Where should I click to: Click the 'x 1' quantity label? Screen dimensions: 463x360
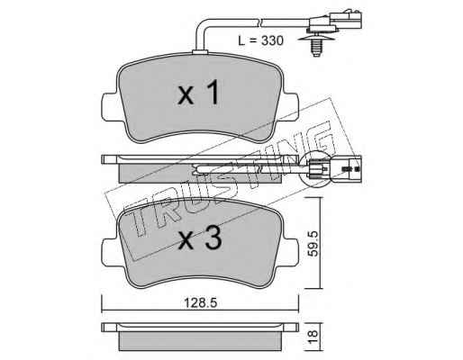(x=198, y=93)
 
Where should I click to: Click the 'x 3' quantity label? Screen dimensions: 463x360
(x=200, y=238)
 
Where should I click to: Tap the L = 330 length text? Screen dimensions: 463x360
(x=260, y=40)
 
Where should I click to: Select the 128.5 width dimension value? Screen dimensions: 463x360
(x=201, y=303)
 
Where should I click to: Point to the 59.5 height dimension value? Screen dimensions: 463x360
(x=313, y=243)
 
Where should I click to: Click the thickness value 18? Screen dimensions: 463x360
(x=313, y=337)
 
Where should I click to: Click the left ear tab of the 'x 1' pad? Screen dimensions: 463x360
(x=110, y=107)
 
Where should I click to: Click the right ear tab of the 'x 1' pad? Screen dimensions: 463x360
(x=291, y=107)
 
